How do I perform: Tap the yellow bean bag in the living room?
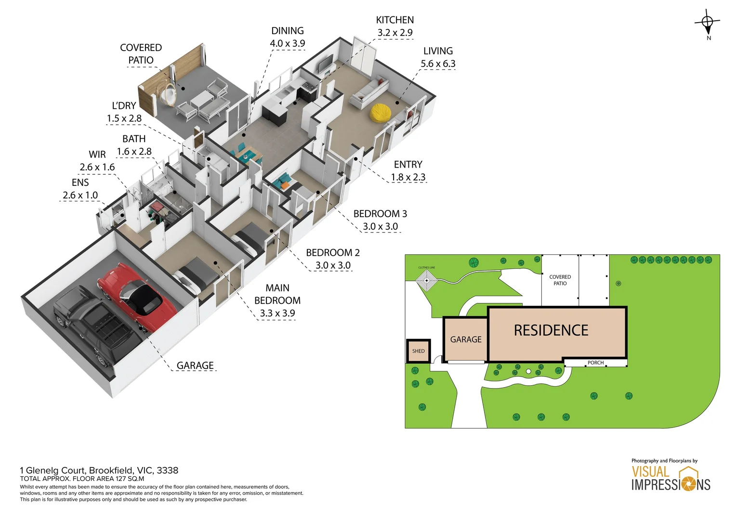click(381, 113)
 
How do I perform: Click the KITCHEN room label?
click(394, 20)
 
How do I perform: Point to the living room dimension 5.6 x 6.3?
click(438, 64)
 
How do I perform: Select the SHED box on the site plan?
click(418, 351)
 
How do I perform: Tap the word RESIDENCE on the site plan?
click(551, 330)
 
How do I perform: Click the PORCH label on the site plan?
click(595, 363)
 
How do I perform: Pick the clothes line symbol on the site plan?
click(426, 279)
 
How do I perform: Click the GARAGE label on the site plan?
click(465, 339)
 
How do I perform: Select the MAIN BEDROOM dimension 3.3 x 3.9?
click(277, 313)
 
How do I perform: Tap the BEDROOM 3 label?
click(380, 214)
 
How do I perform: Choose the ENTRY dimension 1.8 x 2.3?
click(408, 177)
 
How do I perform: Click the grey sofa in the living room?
click(369, 92)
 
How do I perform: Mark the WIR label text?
click(97, 155)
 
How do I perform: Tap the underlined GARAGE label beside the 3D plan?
click(195, 365)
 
